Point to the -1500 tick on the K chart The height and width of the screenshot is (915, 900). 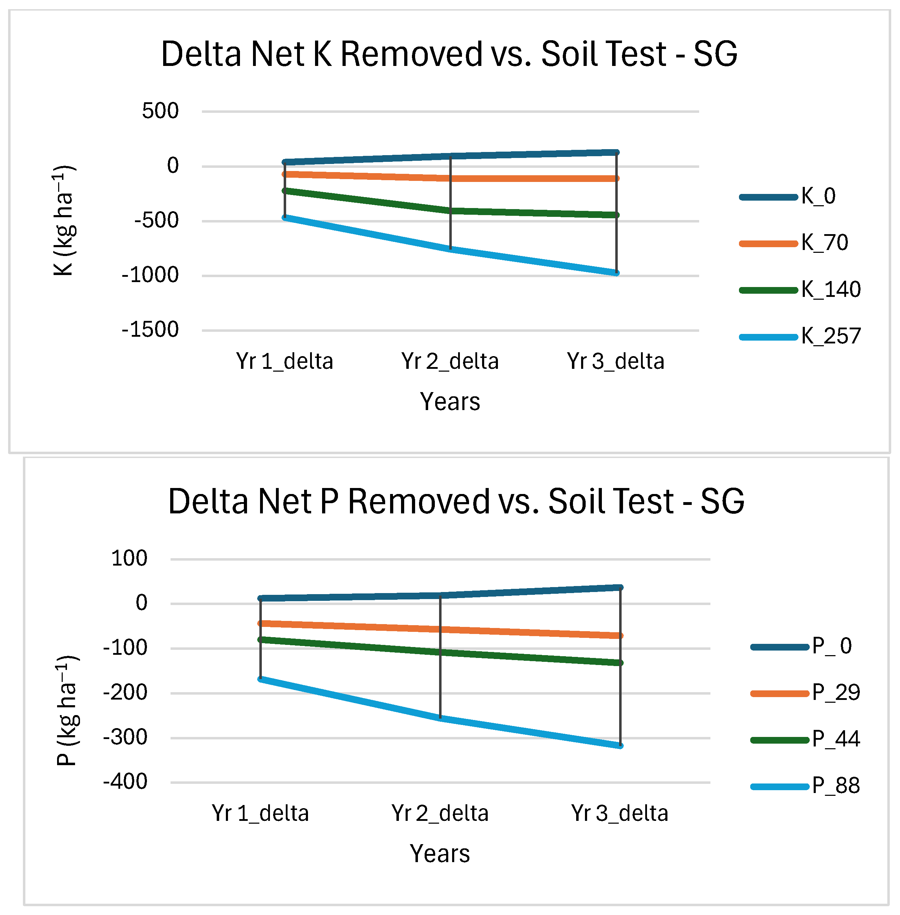[150, 330]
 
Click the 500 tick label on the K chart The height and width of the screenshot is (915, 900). [160, 111]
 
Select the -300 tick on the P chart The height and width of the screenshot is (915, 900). [125, 737]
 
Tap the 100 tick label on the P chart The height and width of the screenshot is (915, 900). [129, 559]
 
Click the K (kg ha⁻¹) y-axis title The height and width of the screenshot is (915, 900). [64, 220]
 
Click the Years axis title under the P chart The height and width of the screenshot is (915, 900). [439, 854]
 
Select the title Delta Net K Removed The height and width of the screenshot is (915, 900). [449, 54]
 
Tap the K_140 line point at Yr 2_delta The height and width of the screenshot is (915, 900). [450, 211]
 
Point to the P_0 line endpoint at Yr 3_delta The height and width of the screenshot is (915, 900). [620, 587]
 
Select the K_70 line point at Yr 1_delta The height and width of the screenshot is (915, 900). [285, 175]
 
